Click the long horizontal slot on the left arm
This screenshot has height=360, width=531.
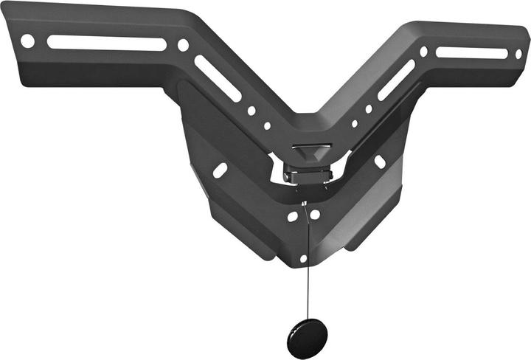(107, 43)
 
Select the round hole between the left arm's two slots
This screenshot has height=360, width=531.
(183, 45)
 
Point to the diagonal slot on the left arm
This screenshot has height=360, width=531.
(218, 78)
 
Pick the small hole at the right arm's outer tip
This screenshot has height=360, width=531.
(518, 54)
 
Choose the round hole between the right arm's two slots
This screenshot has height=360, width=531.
(423, 52)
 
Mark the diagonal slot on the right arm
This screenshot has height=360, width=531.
(397, 79)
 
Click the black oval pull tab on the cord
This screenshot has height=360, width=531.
(307, 339)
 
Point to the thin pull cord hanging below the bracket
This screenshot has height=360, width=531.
(305, 266)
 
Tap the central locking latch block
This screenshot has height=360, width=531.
(308, 175)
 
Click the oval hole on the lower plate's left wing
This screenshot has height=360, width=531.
(220, 170)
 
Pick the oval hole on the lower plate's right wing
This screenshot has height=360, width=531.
(380, 161)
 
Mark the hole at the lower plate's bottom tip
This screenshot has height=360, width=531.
(303, 258)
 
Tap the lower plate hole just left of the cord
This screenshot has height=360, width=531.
(293, 217)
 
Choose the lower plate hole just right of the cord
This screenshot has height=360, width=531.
(316, 215)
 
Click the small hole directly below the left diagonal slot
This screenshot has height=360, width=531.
(251, 111)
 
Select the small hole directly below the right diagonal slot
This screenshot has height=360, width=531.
(369, 108)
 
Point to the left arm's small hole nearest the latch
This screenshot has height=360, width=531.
(267, 125)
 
